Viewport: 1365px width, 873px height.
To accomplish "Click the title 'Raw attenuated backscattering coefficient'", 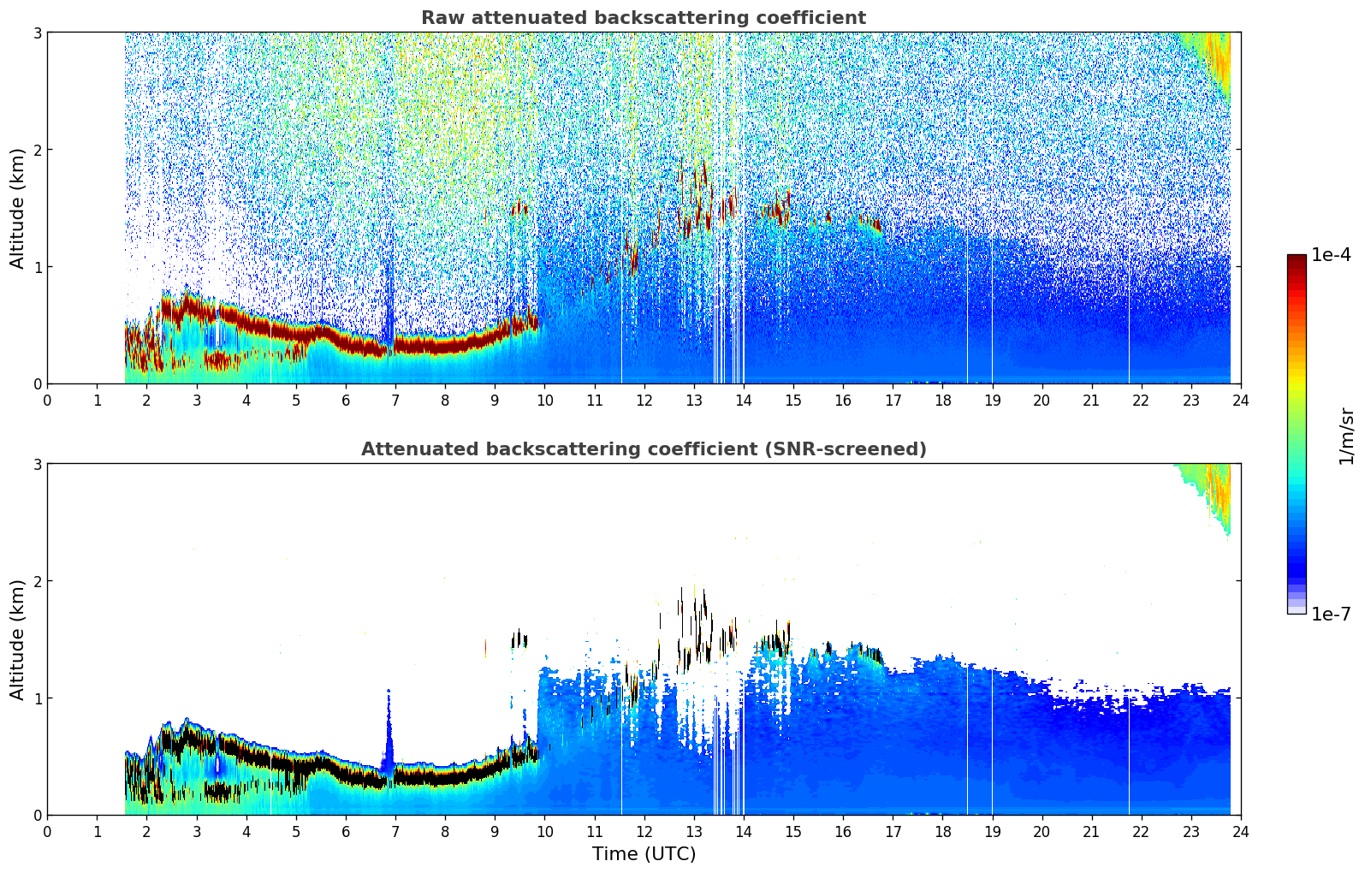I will tap(643, 18).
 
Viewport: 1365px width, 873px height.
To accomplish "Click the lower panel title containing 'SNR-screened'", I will tap(643, 449).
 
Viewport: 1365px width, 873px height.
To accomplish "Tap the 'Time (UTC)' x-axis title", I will tap(644, 854).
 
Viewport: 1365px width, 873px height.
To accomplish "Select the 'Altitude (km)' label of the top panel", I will tap(18, 208).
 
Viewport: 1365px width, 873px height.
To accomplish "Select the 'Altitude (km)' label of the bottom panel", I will tap(18, 639).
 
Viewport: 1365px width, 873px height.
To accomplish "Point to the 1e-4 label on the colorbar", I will tap(1331, 255).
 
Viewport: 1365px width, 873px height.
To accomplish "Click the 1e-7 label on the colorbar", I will tap(1331, 614).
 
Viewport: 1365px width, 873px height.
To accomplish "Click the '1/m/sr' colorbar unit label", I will tap(1346, 436).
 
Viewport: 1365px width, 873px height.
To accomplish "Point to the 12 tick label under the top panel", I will tap(644, 400).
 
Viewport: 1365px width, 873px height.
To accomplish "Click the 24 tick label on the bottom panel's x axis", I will tap(1241, 831).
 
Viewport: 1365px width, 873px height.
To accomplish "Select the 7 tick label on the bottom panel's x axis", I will tap(395, 831).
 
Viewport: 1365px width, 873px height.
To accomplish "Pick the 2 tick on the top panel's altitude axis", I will tap(37, 150).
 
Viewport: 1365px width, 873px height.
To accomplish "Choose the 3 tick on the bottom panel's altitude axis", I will tap(37, 464).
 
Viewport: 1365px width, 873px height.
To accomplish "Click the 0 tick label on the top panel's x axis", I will tap(47, 400).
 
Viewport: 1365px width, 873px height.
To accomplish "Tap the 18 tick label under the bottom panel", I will tap(942, 831).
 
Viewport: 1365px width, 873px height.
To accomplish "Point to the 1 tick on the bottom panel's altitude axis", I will tap(37, 698).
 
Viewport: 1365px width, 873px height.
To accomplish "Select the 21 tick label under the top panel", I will tap(1091, 400).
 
